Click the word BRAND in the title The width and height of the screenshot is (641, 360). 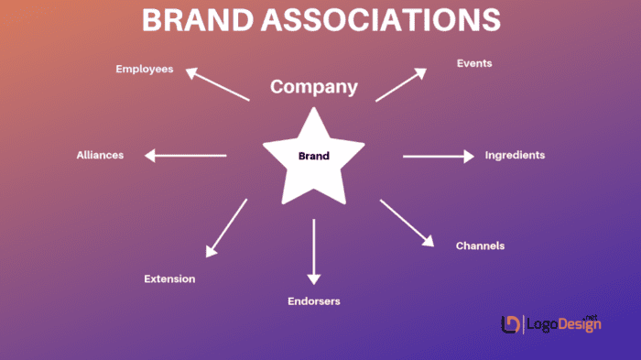pyautogui.click(x=199, y=20)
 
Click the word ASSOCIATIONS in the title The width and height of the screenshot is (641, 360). pyautogui.click(x=383, y=20)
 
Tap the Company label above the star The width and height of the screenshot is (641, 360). pyautogui.click(x=313, y=88)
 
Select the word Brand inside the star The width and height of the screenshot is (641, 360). pyautogui.click(x=313, y=156)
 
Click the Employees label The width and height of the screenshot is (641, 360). pyautogui.click(x=145, y=69)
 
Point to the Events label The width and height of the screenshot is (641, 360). pyautogui.click(x=474, y=63)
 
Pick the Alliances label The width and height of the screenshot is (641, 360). pyautogui.click(x=100, y=155)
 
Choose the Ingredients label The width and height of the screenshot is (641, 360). pyautogui.click(x=515, y=155)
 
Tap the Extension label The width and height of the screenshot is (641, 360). pyautogui.click(x=169, y=278)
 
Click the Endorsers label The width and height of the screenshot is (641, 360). pyautogui.click(x=315, y=300)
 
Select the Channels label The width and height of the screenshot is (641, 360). pyautogui.click(x=480, y=245)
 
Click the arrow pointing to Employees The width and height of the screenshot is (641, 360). pyautogui.click(x=217, y=84)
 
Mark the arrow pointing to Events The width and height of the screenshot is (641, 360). pyautogui.click(x=401, y=84)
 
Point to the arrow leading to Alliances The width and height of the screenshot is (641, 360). pyautogui.click(x=186, y=156)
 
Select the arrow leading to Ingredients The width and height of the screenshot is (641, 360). pyautogui.click(x=439, y=157)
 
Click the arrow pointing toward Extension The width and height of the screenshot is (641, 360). pyautogui.click(x=226, y=228)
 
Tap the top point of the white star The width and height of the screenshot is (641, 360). pyautogui.click(x=314, y=110)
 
